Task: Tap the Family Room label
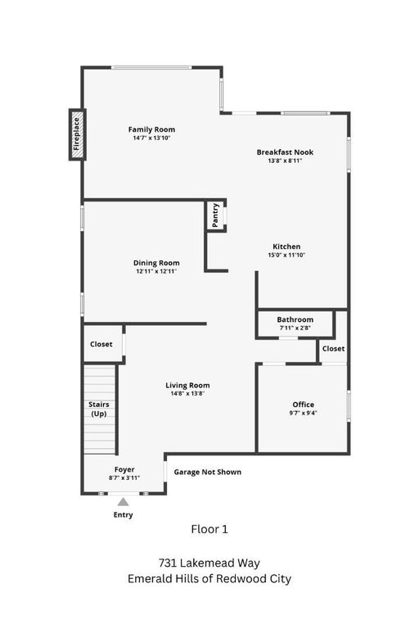[151, 129]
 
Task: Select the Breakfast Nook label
[285, 152]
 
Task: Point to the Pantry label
[215, 215]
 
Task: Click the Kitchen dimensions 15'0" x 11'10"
[286, 256]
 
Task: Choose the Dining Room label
[156, 263]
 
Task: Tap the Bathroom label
[295, 319]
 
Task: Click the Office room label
[304, 405]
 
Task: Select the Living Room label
[187, 385]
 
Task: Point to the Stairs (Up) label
[99, 409]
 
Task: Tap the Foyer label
[124, 469]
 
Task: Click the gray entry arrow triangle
[123, 502]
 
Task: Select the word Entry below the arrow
[123, 515]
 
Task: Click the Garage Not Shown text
[208, 472]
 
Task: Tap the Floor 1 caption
[209, 529]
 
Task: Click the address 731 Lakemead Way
[209, 563]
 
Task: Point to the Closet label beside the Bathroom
[333, 348]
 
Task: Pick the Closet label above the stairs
[101, 344]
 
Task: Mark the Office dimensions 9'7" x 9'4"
[304, 414]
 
